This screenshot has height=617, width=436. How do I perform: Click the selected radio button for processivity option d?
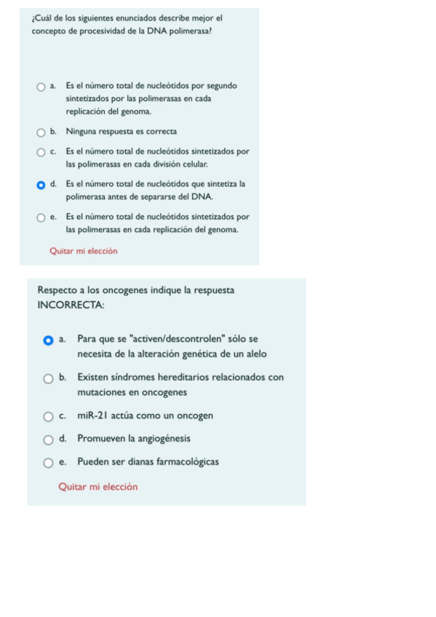(x=41, y=185)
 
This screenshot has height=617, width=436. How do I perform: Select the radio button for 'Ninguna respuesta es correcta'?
(x=41, y=132)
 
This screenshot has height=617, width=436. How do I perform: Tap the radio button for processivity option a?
(x=41, y=87)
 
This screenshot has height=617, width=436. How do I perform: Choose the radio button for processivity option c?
(x=41, y=153)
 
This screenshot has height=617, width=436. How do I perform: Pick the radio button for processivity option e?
(x=41, y=218)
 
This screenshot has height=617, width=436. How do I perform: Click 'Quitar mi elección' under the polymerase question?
(x=83, y=251)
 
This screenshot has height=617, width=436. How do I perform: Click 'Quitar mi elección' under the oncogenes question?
(x=98, y=487)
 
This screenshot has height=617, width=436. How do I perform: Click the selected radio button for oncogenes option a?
(x=48, y=340)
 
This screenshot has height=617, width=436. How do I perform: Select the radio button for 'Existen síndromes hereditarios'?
(x=48, y=378)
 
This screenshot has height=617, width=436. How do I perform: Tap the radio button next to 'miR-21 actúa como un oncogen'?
(x=48, y=416)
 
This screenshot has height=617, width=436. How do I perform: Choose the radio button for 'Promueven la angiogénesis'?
(x=48, y=439)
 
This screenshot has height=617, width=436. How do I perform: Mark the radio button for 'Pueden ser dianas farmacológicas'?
(x=48, y=462)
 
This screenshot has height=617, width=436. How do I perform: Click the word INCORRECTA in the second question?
(x=70, y=305)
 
